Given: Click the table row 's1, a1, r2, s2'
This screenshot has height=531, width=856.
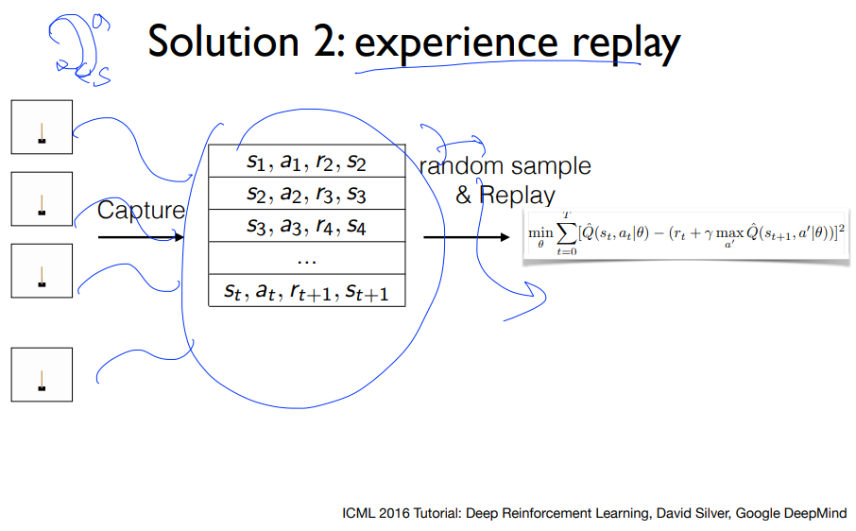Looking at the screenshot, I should pyautogui.click(x=306, y=162).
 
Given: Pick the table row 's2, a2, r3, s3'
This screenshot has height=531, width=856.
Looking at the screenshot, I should pyautogui.click(x=306, y=195).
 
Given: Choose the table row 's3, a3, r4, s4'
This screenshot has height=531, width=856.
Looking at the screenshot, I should pyautogui.click(x=306, y=227).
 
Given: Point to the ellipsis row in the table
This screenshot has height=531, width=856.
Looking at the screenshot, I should pyautogui.click(x=306, y=258).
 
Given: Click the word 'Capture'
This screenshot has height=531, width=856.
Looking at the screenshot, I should pyautogui.click(x=142, y=211).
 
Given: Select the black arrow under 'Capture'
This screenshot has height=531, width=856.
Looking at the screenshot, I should pyautogui.click(x=142, y=237).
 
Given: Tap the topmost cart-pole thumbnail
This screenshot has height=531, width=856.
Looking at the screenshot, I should pyautogui.click(x=42, y=127).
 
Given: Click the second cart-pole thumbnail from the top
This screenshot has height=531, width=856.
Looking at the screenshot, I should pyautogui.click(x=42, y=199).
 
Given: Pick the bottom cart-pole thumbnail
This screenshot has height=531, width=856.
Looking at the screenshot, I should pyautogui.click(x=42, y=374).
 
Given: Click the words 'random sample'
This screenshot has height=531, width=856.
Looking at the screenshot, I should pyautogui.click(x=505, y=166).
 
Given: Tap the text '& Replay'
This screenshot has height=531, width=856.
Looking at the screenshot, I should pyautogui.click(x=505, y=196).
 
